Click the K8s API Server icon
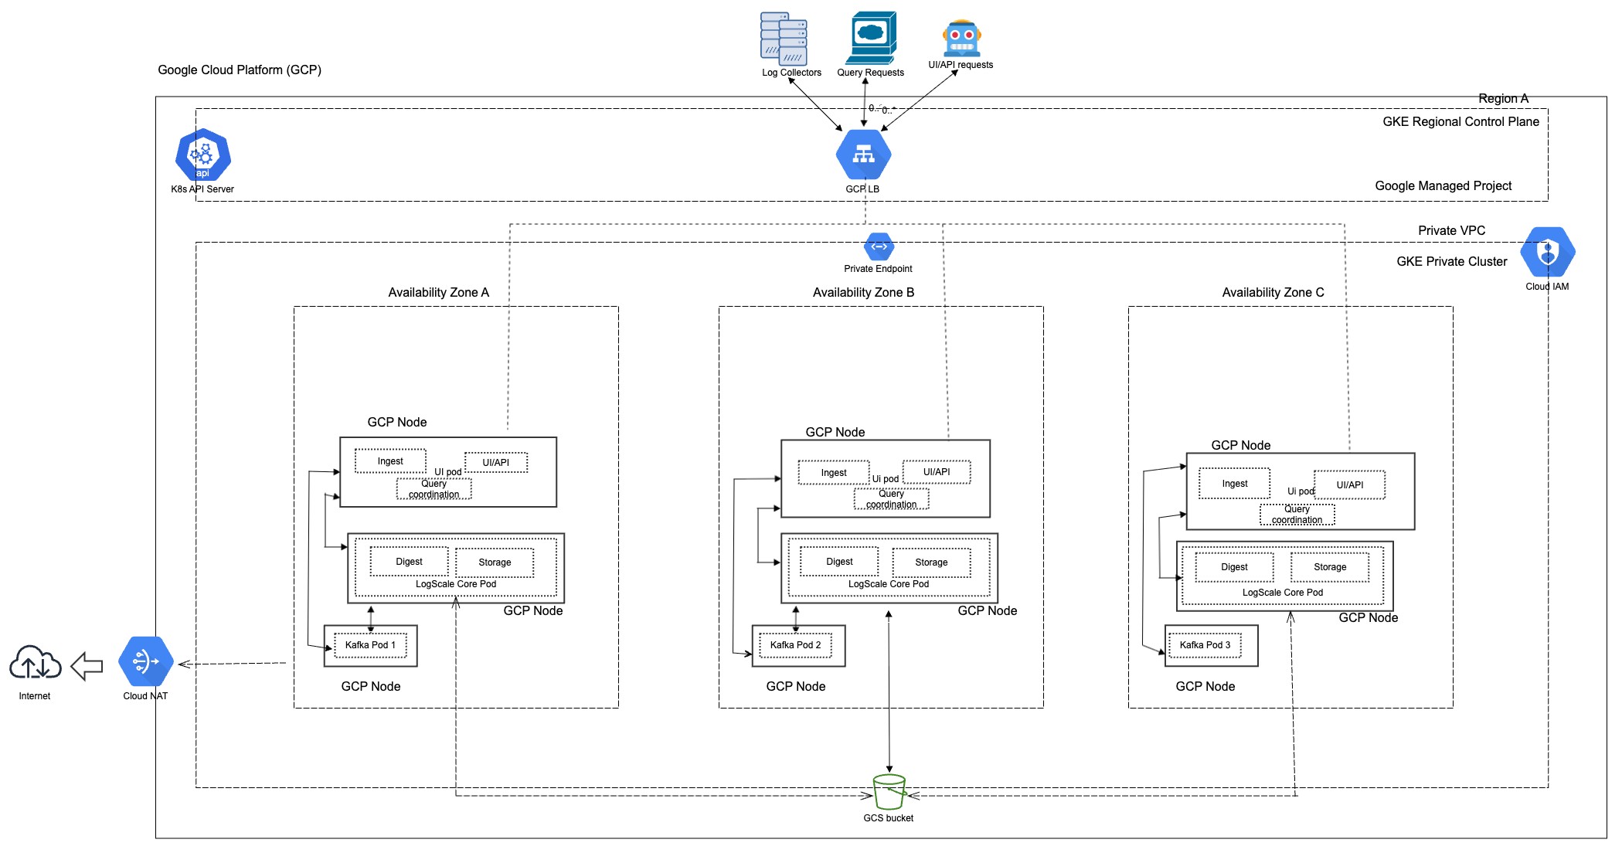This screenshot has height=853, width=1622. pos(202,155)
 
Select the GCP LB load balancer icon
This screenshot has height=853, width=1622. pos(863,155)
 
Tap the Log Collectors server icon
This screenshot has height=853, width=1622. pos(784,39)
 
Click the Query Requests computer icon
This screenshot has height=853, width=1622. pos(872,37)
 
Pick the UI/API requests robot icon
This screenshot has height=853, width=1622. pos(961,38)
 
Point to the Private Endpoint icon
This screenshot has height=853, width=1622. pos(879,247)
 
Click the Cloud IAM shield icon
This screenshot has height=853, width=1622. pos(1547,252)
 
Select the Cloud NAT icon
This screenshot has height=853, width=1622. pos(145,661)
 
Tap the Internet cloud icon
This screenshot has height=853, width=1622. pos(35,663)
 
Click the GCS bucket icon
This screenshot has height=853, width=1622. pos(889,792)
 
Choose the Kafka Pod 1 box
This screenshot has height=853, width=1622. pos(370,645)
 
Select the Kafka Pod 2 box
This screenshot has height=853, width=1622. pos(795,645)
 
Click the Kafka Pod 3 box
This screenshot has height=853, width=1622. pos(1205,645)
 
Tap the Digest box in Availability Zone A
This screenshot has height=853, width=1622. pos(409,562)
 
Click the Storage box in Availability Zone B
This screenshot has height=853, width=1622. pos(931,562)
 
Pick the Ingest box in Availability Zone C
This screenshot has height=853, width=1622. pos(1234,484)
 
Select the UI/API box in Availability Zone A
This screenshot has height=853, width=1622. pos(496,463)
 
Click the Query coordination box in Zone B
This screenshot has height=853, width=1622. pos(891,499)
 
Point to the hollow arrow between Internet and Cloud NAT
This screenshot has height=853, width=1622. pos(87,665)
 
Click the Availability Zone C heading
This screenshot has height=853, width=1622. pos(1273,292)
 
